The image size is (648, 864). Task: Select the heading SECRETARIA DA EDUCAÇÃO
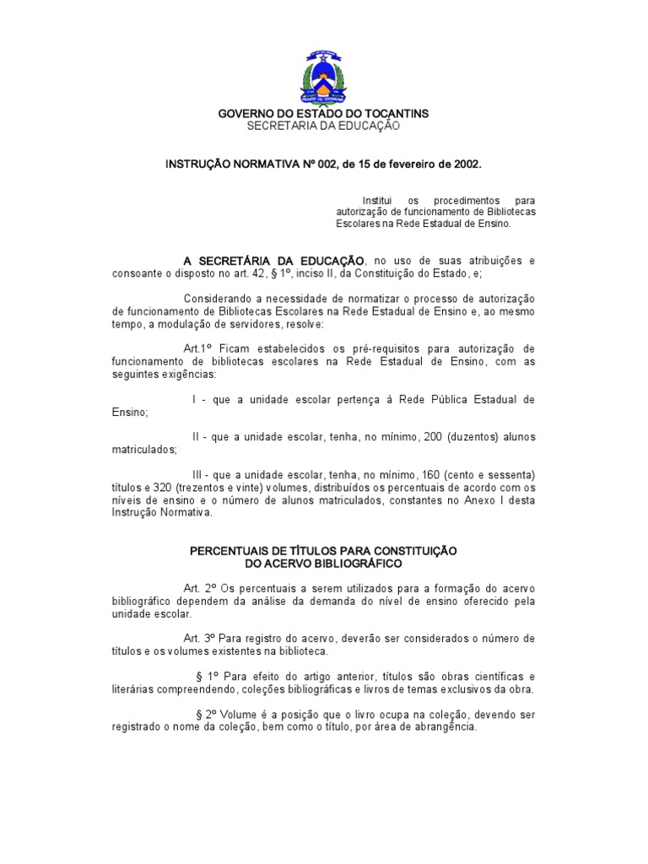click(x=323, y=126)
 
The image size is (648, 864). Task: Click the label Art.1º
click(x=197, y=348)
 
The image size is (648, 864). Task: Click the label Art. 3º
click(x=198, y=639)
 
